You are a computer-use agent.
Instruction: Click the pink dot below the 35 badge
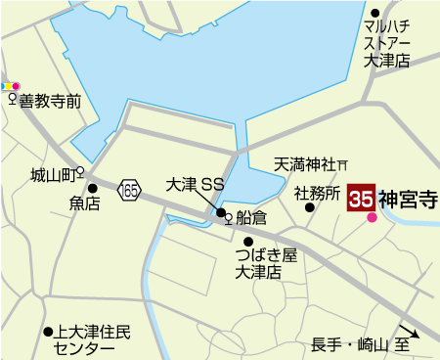click(372, 218)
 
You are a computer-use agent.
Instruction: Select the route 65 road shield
click(130, 190)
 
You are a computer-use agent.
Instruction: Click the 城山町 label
click(52, 175)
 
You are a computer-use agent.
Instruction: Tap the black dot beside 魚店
click(93, 188)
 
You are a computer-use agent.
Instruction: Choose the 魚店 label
click(84, 204)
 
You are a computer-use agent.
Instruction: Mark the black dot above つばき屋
click(248, 241)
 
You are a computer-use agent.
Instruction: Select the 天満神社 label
click(304, 163)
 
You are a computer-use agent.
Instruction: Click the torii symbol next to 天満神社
click(343, 163)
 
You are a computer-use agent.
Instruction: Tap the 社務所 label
click(317, 193)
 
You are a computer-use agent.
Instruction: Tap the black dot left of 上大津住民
click(47, 332)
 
